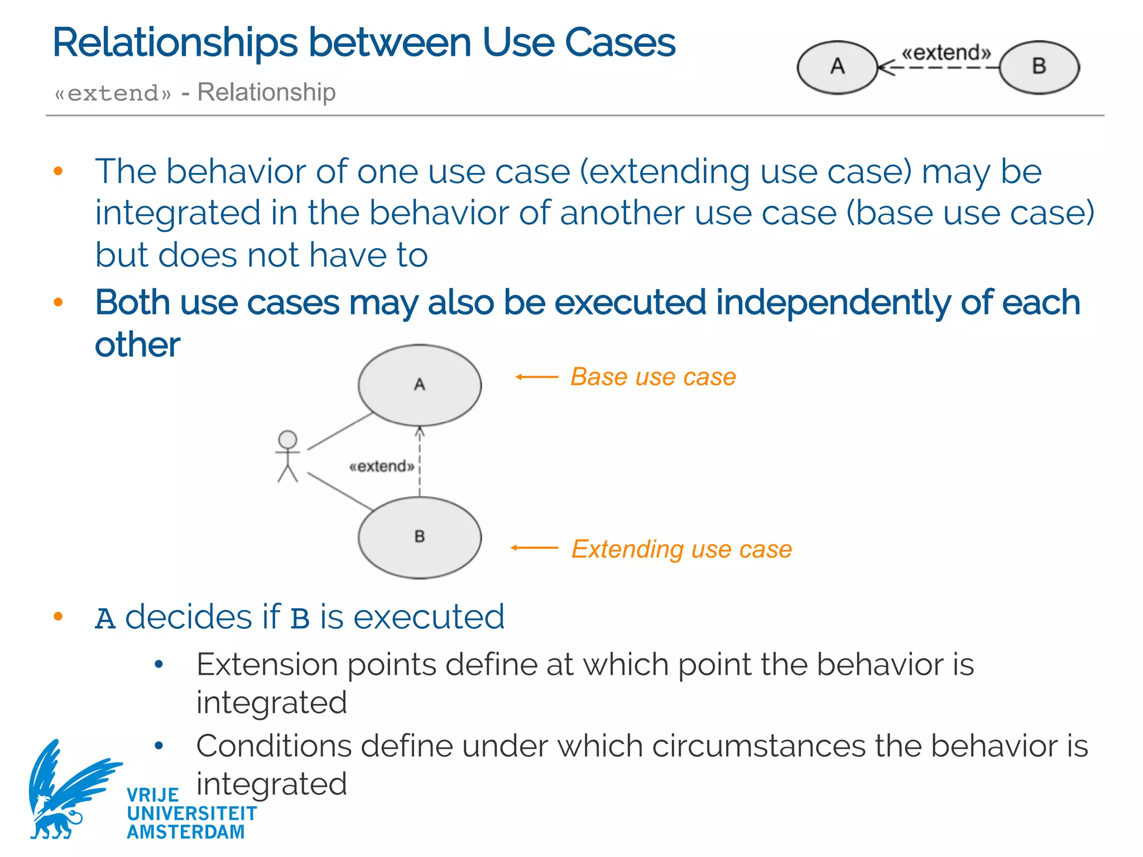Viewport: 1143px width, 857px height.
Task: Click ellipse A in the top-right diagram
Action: point(837,67)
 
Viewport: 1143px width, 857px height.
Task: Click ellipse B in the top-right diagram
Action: point(1039,67)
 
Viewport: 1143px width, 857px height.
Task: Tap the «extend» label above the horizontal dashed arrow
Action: point(947,52)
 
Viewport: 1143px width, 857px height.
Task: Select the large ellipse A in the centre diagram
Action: point(420,385)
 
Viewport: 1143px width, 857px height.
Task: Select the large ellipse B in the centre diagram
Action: point(420,537)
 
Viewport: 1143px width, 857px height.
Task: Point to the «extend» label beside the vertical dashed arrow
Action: point(382,466)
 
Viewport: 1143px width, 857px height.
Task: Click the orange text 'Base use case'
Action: point(653,377)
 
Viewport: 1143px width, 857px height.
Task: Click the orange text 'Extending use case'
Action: point(681,549)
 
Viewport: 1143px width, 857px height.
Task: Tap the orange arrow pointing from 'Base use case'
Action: point(536,377)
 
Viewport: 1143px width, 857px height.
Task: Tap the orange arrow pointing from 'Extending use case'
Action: point(534,548)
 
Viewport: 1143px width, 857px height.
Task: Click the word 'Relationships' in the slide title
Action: point(175,43)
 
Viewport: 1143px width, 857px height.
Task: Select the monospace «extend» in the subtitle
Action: point(113,93)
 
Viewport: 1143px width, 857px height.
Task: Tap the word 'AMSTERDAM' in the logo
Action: point(186,832)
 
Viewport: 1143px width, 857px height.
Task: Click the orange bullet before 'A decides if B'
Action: point(58,617)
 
